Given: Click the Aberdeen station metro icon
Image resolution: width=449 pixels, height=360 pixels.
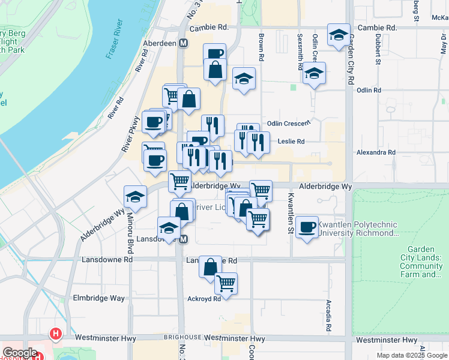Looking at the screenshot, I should click(183, 44).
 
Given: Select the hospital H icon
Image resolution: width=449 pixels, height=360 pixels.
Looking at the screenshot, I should click(56, 333).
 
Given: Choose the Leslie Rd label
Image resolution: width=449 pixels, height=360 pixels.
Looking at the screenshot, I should click(292, 142).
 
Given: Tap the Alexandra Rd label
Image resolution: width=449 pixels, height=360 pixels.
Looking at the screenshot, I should click(376, 152).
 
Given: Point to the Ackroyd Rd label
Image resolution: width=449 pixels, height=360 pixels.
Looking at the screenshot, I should click(204, 298).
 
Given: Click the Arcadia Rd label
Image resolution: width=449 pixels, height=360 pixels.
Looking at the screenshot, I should click(328, 316).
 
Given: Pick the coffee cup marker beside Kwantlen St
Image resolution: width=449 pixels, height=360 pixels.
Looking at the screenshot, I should click(307, 226).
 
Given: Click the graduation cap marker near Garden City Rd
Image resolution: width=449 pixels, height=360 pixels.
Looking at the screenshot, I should click(339, 34).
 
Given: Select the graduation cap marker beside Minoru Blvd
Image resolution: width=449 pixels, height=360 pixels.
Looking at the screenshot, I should click(135, 196).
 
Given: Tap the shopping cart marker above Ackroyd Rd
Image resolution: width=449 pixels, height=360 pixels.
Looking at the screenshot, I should click(226, 282).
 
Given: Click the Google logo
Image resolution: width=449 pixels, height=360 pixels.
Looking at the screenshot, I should click(20, 353).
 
